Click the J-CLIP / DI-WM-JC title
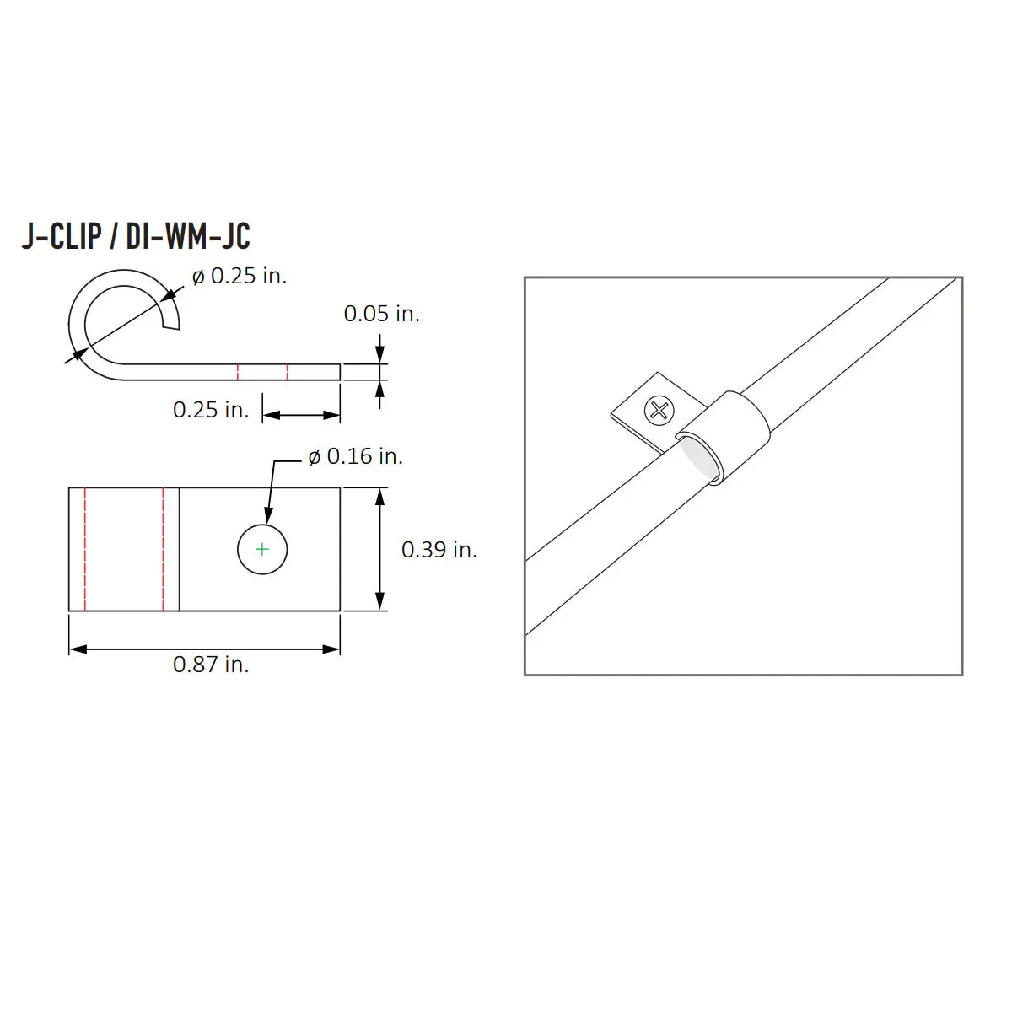point(136,236)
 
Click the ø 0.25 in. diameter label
point(240,276)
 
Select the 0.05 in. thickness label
point(381,314)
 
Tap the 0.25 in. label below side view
point(211,410)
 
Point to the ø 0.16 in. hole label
point(355,456)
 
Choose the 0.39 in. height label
point(439,550)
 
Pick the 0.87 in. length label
point(211,665)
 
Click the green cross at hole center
point(262,549)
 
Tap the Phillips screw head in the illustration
point(659,411)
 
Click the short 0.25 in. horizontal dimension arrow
point(301,414)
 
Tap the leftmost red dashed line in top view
point(85,549)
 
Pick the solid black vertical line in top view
point(180,549)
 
